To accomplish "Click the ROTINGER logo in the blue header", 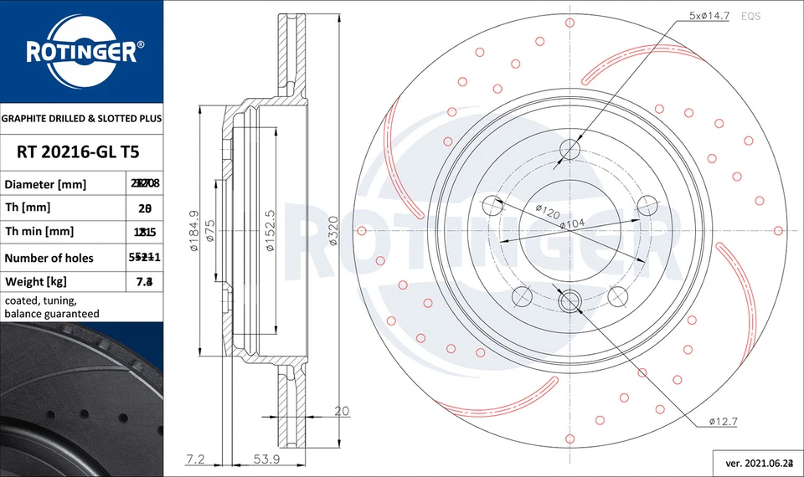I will [81, 52].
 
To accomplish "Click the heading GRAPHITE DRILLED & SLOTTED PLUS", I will [81, 119].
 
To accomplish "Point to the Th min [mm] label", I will [39, 232].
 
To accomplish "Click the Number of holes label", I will [49, 258].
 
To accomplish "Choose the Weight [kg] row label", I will [35, 282].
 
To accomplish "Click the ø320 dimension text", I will [332, 231].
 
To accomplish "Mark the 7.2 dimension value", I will [194, 459].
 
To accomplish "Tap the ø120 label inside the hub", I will [547, 213].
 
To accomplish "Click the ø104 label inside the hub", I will [572, 224].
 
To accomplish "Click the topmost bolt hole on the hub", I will [570, 150].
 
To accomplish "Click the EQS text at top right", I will [750, 16].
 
